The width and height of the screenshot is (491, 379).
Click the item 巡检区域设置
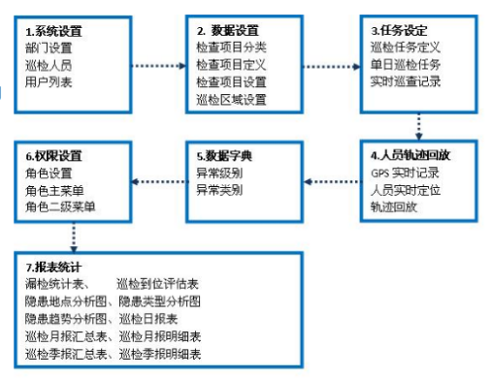231,97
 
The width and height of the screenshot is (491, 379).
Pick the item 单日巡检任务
407,64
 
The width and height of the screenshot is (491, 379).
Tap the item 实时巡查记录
407,80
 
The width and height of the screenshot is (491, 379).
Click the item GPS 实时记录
406,173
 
